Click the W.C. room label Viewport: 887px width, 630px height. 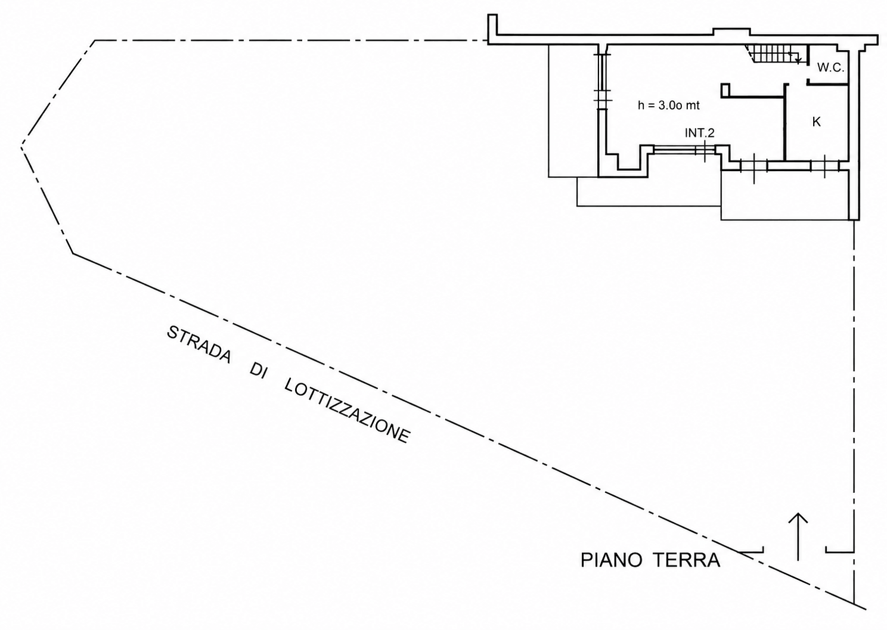tap(831, 68)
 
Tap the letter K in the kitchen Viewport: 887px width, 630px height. tap(816, 122)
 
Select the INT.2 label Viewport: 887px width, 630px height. tap(700, 133)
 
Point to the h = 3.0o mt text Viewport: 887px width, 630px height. tap(668, 105)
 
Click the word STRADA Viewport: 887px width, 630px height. tap(199, 344)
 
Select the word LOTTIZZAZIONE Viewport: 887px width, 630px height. tap(347, 411)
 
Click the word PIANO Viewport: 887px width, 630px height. tap(612, 560)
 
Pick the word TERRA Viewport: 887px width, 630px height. tap(686, 560)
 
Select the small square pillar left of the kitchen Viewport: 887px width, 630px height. tap(725, 90)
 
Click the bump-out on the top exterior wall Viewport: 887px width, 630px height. tap(732, 32)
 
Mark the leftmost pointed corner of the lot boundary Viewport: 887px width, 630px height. tap(21, 148)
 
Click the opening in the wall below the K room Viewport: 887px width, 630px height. tap(824, 166)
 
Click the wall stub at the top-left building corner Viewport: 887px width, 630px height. tap(492, 25)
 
